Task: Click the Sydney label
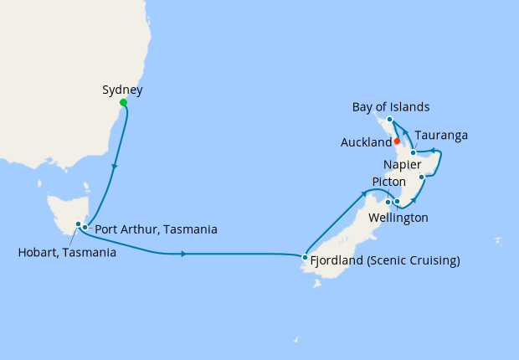121,89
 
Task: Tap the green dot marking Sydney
124,103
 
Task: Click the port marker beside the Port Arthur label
85,227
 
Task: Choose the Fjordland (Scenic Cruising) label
385,260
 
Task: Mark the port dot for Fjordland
305,258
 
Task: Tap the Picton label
389,182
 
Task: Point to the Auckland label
366,143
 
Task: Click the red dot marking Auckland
397,141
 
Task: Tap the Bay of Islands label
391,106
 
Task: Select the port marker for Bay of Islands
390,121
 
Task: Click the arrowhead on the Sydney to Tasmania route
114,167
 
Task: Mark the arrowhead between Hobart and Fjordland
183,253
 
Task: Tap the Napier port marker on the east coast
423,177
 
